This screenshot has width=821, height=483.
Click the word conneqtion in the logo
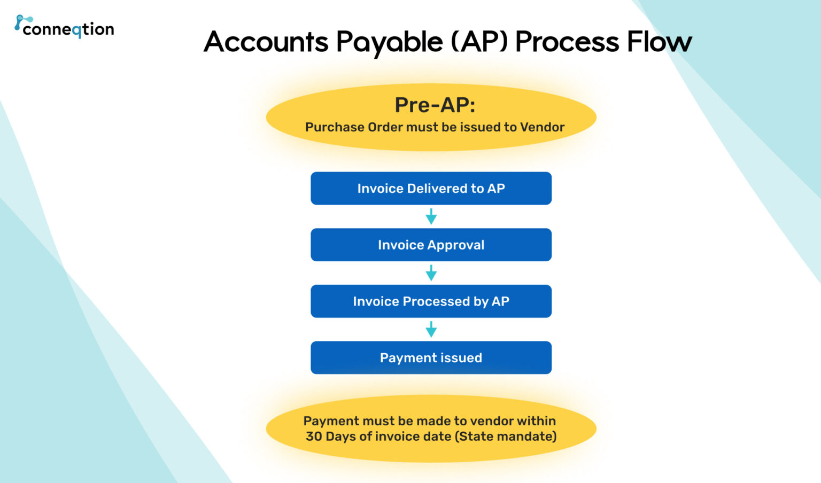[x=68, y=29]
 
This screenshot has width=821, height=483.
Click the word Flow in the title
[x=659, y=42]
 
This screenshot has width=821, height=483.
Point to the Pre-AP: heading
[x=435, y=105]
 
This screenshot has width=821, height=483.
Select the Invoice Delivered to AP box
[x=431, y=188]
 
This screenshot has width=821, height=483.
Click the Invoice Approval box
[x=431, y=245]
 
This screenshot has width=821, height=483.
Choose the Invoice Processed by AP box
[x=431, y=301]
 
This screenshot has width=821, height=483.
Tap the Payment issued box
[x=431, y=357]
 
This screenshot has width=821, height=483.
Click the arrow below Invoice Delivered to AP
[x=431, y=216]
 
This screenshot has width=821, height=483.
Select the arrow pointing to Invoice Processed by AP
[x=431, y=273]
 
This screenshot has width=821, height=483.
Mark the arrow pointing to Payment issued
[x=431, y=329]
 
